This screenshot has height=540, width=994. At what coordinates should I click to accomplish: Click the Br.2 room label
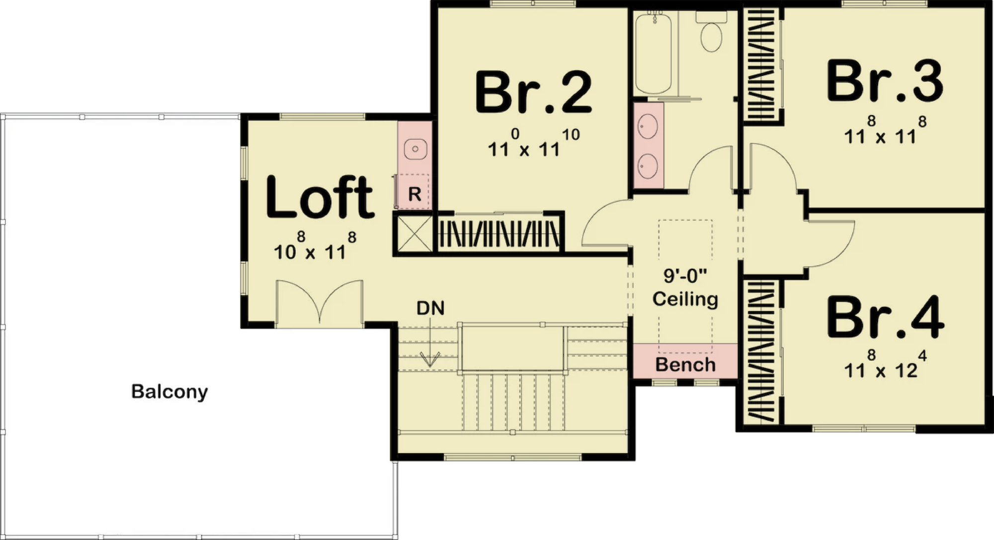pyautogui.click(x=533, y=92)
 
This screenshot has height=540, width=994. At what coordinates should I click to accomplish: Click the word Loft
pyautogui.click(x=320, y=197)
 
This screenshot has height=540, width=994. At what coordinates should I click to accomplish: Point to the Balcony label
pyautogui.click(x=169, y=392)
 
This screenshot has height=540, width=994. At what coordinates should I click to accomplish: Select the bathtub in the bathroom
pyautogui.click(x=653, y=53)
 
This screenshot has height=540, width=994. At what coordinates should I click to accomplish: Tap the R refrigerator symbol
pyautogui.click(x=414, y=194)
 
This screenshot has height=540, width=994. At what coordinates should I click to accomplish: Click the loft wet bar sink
pyautogui.click(x=415, y=149)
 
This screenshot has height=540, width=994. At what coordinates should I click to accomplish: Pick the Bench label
pyautogui.click(x=685, y=365)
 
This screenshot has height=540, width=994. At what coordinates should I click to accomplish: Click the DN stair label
pyautogui.click(x=430, y=308)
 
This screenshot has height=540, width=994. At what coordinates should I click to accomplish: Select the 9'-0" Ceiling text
pyautogui.click(x=685, y=287)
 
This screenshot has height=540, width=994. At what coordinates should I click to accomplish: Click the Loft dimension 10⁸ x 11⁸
pyautogui.click(x=315, y=246)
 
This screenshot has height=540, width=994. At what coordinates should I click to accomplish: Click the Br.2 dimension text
pyautogui.click(x=534, y=143)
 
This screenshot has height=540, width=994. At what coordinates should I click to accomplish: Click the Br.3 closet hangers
pyautogui.click(x=760, y=65)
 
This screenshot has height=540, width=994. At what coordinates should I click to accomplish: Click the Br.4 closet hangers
pyautogui.click(x=760, y=352)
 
